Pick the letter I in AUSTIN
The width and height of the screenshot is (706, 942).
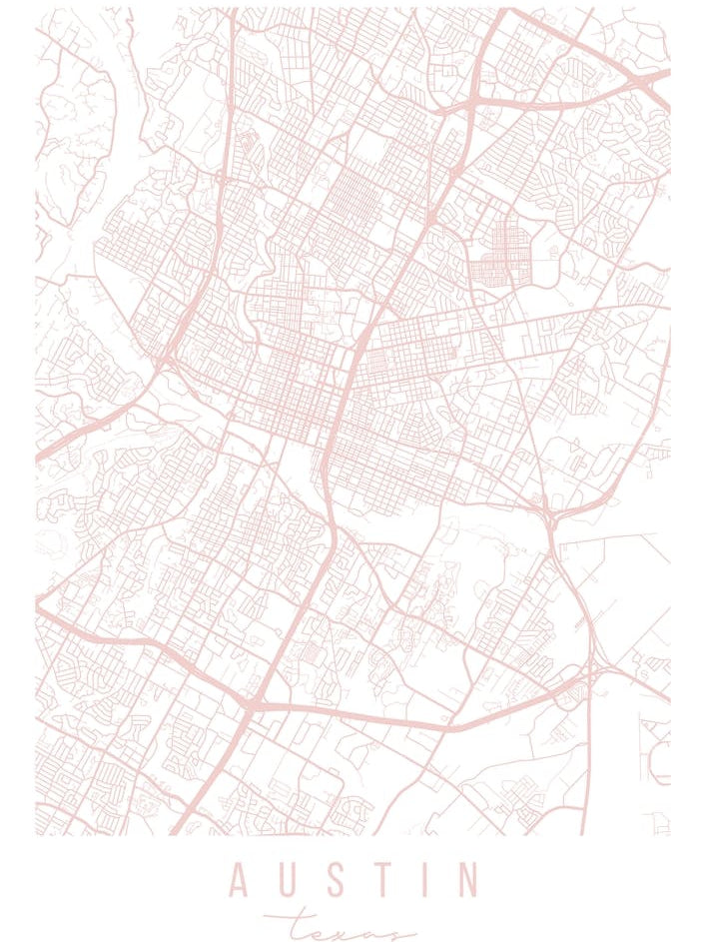click(420, 880)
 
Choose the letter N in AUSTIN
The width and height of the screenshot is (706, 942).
click(465, 880)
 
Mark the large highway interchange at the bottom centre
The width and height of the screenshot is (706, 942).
click(247, 705)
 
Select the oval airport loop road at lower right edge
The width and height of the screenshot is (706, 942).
click(658, 765)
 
